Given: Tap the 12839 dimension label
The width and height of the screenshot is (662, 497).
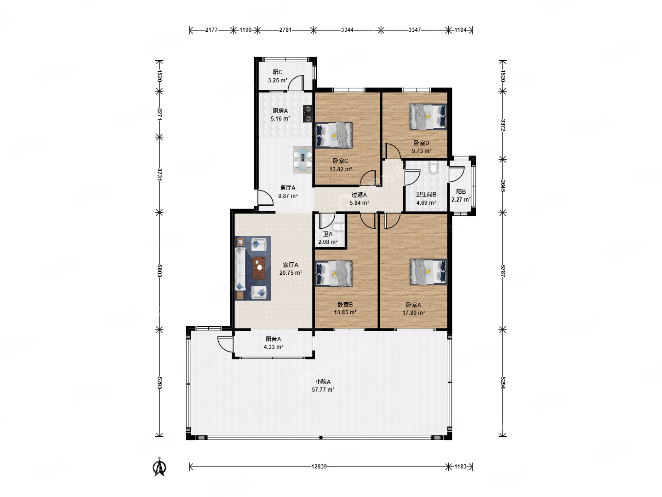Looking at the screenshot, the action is [319, 467].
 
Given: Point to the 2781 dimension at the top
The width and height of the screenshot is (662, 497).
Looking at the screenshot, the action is [285, 30].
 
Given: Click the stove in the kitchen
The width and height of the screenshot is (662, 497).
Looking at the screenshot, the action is [308, 114].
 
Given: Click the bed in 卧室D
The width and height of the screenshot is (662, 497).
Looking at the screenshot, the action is [428, 117].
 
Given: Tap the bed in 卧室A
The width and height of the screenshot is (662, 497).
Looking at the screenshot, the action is [428, 272].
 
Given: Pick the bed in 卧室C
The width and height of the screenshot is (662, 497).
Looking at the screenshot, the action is [334, 135].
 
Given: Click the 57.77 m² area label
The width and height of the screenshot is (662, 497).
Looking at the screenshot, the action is [323, 390].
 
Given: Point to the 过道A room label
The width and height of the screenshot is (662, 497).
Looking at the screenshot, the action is [359, 195].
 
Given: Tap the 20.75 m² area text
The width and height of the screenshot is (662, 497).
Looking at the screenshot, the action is [291, 272].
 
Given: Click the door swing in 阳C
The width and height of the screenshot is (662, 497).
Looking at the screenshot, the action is [296, 83].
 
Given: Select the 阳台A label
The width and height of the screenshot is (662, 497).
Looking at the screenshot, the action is [273, 339].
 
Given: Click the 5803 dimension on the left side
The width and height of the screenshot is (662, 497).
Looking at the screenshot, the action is [160, 271].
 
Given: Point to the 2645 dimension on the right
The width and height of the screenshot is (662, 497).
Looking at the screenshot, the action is [503, 186].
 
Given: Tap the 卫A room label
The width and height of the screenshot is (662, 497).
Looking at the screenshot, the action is [328, 234].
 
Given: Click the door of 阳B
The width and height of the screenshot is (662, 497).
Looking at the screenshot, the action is [456, 174].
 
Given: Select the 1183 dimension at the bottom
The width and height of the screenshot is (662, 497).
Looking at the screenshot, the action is [460, 467].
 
